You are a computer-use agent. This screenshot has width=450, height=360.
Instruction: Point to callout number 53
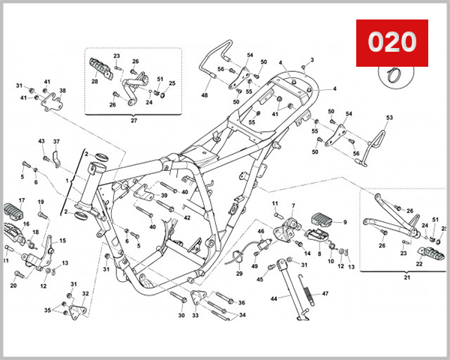[389, 118]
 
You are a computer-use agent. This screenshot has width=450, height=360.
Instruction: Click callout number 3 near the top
[312, 60]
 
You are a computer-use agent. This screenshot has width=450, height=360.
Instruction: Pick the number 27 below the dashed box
[134, 119]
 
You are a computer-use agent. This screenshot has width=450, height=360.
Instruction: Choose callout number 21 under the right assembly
[408, 277]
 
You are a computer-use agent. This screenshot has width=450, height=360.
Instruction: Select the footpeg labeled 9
[325, 220]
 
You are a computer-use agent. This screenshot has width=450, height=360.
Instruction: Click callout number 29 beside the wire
[239, 274]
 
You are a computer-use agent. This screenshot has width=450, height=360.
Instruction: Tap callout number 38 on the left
[62, 91]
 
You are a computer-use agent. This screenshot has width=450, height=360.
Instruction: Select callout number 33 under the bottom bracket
[196, 316]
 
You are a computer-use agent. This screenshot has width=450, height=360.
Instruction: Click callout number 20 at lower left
[13, 286]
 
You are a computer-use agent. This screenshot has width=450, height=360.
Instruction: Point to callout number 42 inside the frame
[187, 217]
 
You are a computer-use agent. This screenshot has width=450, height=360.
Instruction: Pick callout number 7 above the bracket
[293, 205]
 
